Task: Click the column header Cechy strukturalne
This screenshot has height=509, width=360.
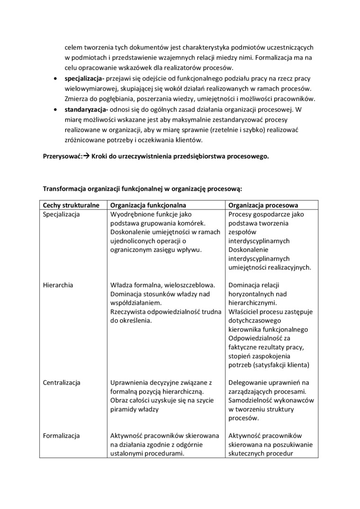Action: (71, 205)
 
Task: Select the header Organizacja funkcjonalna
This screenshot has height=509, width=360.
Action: (148, 205)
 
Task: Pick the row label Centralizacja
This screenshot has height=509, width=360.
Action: (62, 382)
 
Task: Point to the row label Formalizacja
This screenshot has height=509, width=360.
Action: (61, 436)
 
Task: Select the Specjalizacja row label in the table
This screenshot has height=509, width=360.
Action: (61, 214)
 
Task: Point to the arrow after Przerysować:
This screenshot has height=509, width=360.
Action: (87, 157)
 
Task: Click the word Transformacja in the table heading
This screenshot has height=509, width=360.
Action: (65, 188)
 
